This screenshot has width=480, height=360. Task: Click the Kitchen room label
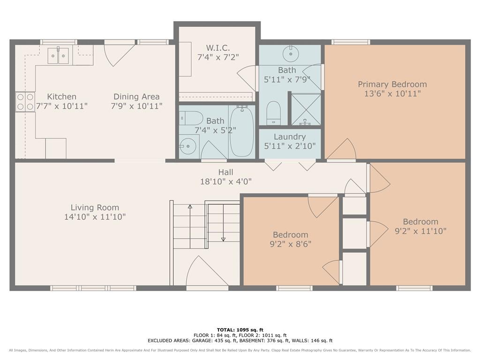pos(61,97)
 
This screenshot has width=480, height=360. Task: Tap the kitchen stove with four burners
pos(25,102)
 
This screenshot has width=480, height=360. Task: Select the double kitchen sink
pos(58,55)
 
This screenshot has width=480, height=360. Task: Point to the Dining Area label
pos(136,97)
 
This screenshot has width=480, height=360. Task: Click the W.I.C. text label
pos(217,48)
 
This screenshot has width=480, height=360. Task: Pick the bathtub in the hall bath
pos(242,131)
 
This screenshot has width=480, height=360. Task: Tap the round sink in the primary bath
pos(291,54)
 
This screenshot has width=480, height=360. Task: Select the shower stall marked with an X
pos(306,109)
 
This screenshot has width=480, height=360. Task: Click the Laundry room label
pos(290,137)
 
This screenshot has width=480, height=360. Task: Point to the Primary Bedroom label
pos(392,84)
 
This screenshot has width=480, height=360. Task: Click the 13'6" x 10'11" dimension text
pos(392,94)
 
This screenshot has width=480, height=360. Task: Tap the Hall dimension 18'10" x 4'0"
pos(225,181)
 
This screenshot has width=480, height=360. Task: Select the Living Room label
pos(95,208)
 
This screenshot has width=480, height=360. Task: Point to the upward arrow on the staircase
pos(190,226)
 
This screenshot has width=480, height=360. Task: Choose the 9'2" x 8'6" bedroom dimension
pos(290,244)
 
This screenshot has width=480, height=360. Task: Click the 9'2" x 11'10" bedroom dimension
pos(420,231)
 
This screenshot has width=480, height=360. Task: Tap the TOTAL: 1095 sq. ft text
pos(240,330)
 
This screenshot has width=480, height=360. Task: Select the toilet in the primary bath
pos(273,112)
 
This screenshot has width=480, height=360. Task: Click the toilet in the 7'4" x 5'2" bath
pos(191,118)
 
